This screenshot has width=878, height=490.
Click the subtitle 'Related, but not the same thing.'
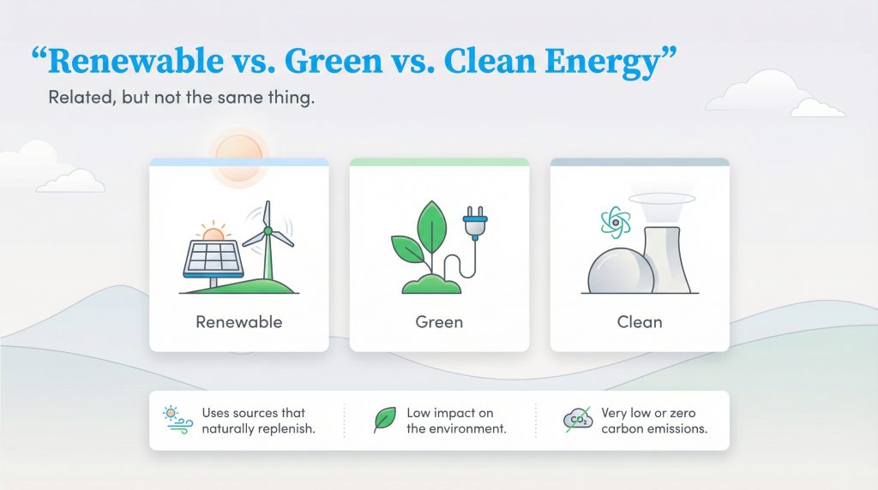coord(181,98)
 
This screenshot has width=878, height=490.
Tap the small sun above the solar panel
coord(212,233)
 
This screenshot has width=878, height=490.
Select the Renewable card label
coord(238,323)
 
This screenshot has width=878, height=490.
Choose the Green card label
coord(439,323)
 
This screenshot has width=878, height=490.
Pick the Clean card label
coord(640,323)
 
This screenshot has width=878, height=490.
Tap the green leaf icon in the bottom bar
coord(383,420)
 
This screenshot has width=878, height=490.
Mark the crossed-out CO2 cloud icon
coord(578,419)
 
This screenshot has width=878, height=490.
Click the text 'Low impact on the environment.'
coord(456,421)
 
